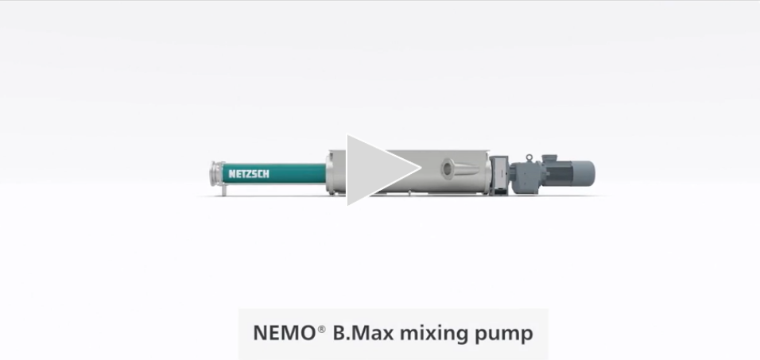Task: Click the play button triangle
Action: pos(378,169)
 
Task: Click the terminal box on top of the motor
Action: pos(549,158)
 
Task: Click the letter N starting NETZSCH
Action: pos(231,173)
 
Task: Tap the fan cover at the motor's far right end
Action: pos(589,171)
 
